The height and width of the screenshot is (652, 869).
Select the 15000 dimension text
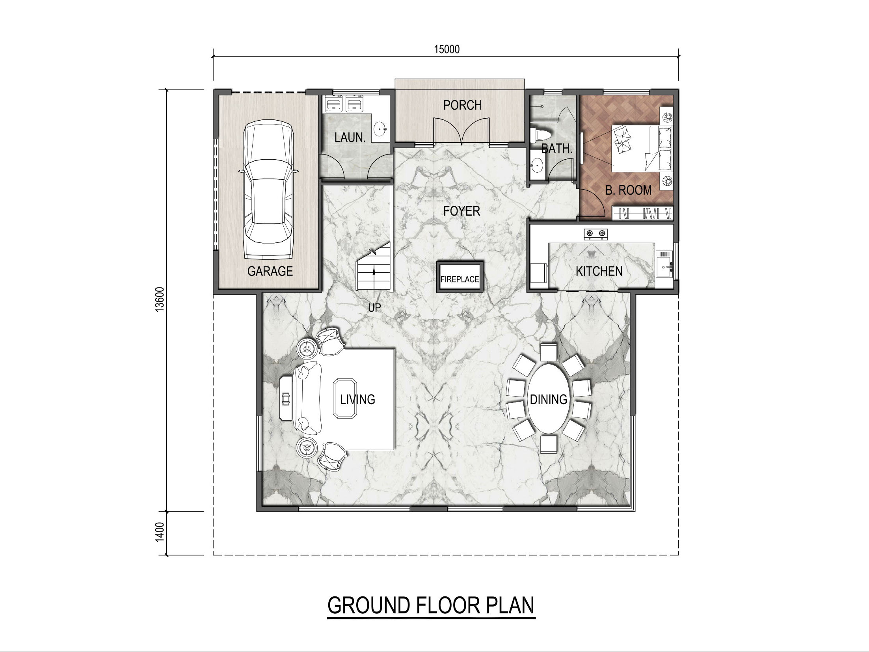[447, 49]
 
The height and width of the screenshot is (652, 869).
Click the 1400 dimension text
[159, 532]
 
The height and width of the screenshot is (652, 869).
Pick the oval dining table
[549, 399]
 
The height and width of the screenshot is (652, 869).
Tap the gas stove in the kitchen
[595, 234]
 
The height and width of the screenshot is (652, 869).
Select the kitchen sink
[664, 267]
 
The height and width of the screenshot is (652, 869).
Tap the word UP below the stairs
[374, 307]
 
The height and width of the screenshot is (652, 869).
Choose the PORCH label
[462, 105]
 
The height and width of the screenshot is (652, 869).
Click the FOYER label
[461, 211]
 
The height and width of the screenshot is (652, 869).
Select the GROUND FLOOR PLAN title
[431, 605]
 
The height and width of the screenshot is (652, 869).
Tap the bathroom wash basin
[536, 166]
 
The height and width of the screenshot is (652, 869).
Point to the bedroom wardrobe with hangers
[642, 213]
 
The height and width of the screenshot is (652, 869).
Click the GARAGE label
[270, 271]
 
